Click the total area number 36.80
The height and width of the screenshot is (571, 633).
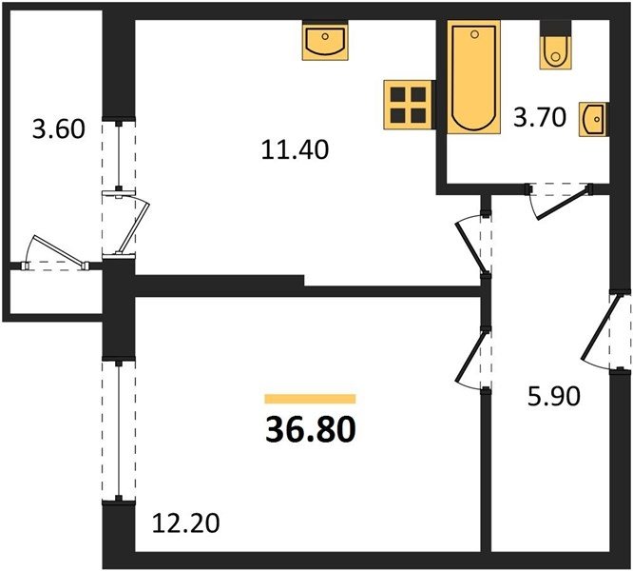click(x=311, y=429)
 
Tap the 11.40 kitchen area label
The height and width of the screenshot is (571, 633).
click(x=295, y=149)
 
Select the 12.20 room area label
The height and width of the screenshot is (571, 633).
click(x=185, y=522)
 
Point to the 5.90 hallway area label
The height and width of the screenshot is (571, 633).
click(x=554, y=396)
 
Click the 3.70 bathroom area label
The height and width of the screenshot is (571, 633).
click(x=540, y=118)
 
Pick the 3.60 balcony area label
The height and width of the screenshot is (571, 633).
click(x=59, y=129)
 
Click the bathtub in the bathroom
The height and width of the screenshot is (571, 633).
click(x=473, y=77)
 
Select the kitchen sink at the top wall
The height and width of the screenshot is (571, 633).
click(x=325, y=41)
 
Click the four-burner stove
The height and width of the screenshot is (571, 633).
click(x=408, y=105)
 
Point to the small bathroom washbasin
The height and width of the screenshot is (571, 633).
click(x=593, y=119)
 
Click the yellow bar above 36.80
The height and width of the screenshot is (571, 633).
click(x=310, y=399)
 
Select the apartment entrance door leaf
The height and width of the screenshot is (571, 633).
click(x=601, y=327)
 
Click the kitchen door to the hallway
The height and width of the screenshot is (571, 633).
click(x=470, y=247)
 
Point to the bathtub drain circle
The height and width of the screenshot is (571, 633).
click(x=475, y=35)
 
